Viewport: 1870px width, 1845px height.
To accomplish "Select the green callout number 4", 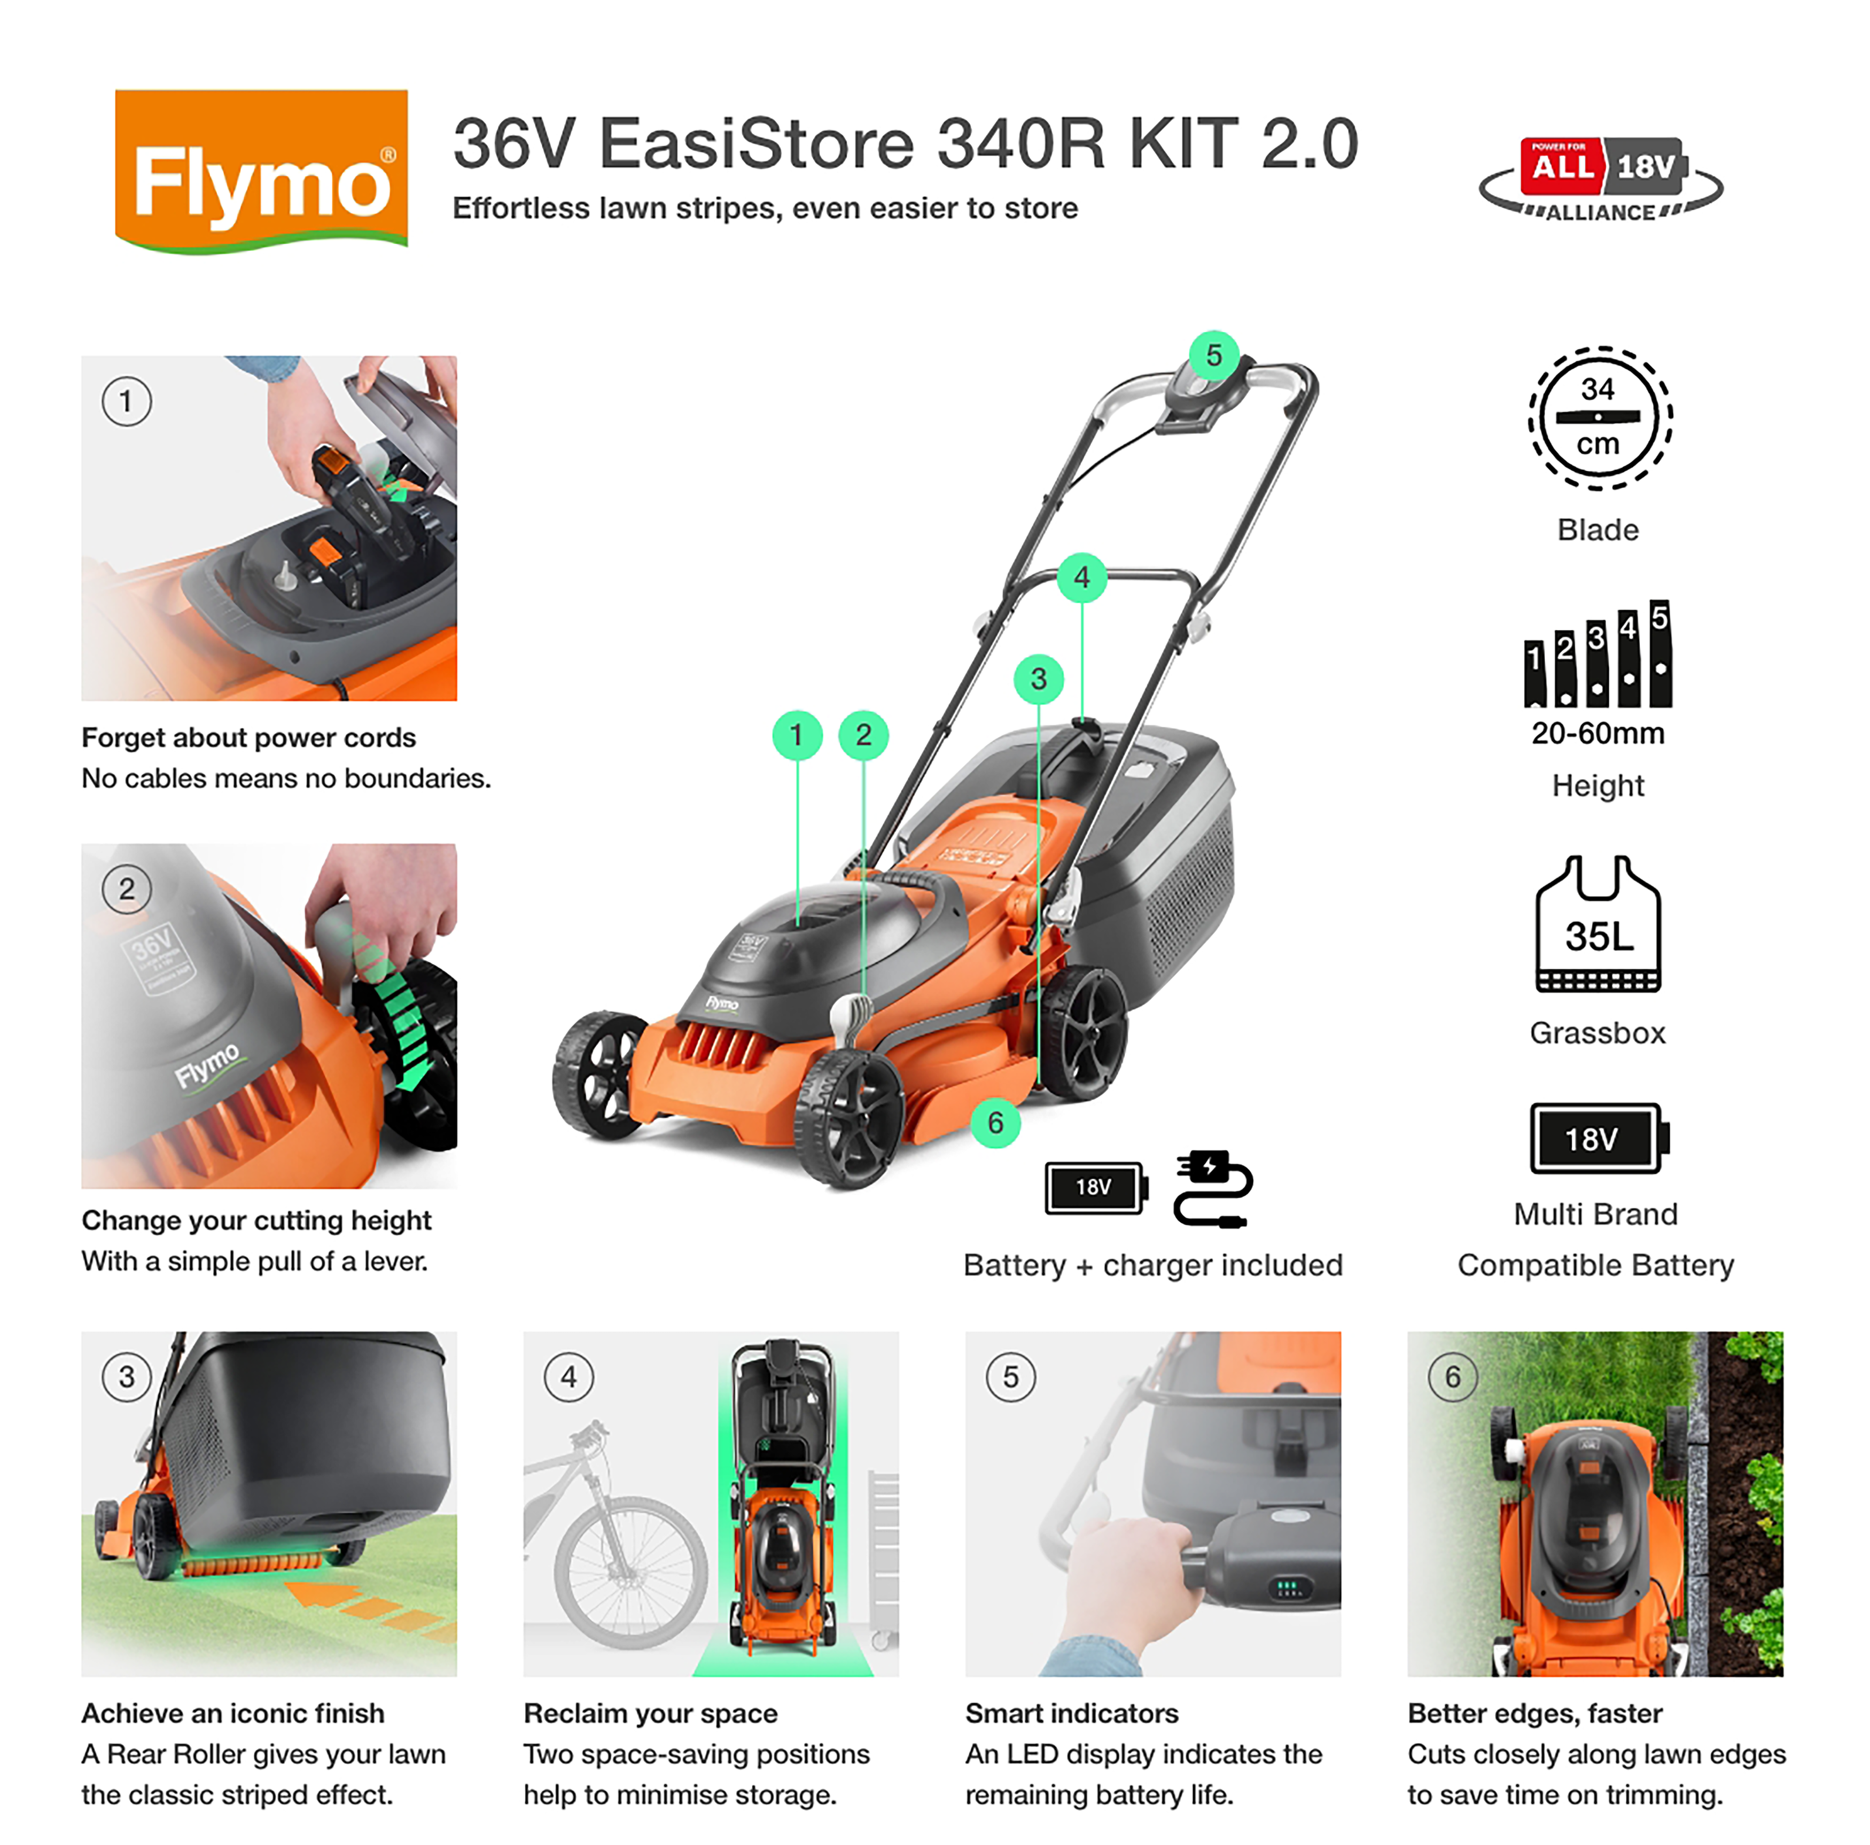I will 1081,578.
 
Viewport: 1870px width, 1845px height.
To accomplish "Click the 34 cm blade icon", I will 1599,418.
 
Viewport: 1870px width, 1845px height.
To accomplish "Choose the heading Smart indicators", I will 1071,1714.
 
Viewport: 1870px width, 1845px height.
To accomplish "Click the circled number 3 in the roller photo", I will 127,1376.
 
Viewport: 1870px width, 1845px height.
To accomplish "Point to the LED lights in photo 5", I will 1288,1587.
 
